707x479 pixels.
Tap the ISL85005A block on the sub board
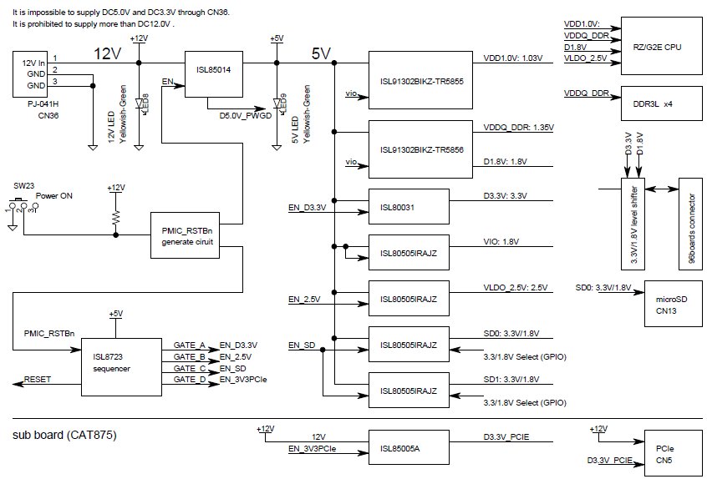(409, 447)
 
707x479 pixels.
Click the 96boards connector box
(691, 223)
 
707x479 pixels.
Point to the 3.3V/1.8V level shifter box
(634, 223)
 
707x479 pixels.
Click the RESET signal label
(38, 380)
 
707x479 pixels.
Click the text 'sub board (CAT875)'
(64, 435)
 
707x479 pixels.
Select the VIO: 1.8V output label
(501, 241)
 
